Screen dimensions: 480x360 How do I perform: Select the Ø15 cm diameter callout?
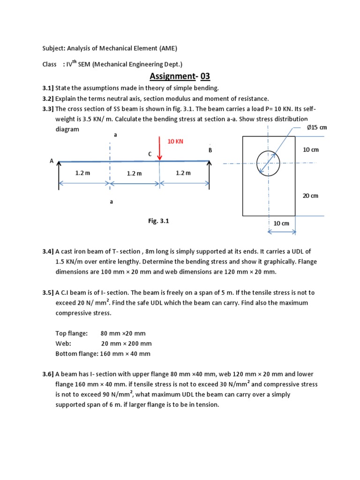[316, 127]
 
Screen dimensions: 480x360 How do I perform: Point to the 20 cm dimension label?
[310, 195]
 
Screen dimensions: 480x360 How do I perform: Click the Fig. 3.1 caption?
[158, 221]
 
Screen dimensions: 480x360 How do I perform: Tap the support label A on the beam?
[52, 161]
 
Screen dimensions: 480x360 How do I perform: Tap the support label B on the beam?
[210, 150]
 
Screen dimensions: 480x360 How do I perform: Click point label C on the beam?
[150, 153]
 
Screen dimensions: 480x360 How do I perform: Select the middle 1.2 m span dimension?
[134, 173]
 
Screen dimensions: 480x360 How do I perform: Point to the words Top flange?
[71, 333]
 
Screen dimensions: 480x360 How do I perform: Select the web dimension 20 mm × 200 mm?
[127, 344]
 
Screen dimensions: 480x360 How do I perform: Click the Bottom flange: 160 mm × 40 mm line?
[103, 354]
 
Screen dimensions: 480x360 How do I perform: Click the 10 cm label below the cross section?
[281, 223]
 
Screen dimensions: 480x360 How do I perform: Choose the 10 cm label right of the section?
[310, 150]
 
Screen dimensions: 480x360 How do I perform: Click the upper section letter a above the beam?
[115, 135]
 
